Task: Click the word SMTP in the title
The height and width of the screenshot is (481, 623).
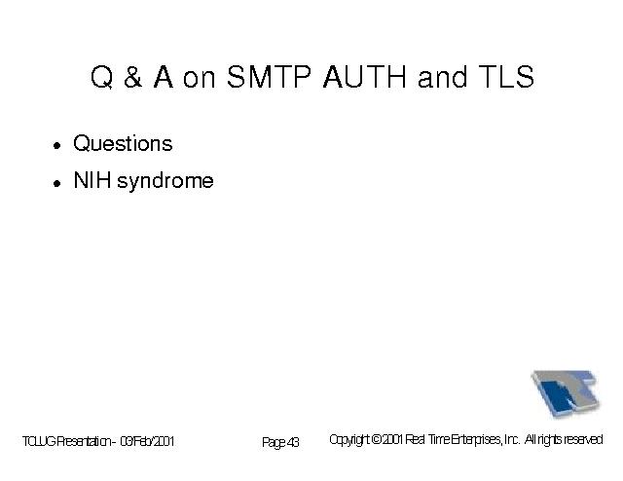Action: (x=269, y=76)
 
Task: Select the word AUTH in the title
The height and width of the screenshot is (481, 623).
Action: (x=365, y=76)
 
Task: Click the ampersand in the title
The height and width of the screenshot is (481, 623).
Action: (x=132, y=76)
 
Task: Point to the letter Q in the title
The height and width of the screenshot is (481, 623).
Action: (x=101, y=77)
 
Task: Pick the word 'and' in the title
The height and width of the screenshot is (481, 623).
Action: (x=442, y=76)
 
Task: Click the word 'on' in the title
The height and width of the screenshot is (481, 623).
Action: (x=199, y=79)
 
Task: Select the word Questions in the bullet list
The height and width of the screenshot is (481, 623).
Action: (x=123, y=143)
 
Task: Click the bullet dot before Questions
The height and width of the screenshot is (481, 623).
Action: (x=57, y=145)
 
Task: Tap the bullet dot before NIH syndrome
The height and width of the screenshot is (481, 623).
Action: (x=57, y=183)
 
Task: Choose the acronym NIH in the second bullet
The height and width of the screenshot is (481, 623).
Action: (x=92, y=180)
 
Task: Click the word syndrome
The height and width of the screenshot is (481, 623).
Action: (x=165, y=182)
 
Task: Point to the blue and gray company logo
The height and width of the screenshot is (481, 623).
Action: (x=566, y=393)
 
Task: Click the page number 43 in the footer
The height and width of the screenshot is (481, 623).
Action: (x=293, y=442)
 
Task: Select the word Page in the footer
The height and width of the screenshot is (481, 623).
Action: (x=274, y=442)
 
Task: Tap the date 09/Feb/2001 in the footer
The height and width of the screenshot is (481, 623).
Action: (x=147, y=441)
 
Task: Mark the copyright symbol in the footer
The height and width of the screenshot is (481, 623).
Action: (x=377, y=439)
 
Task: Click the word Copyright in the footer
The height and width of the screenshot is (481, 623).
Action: (x=349, y=440)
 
